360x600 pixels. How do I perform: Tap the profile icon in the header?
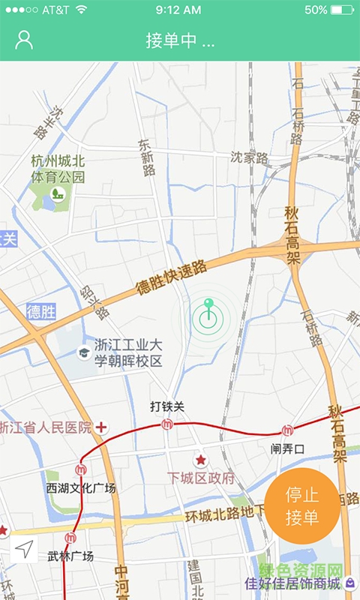click(x=25, y=40)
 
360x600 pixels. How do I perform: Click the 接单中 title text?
click(x=180, y=40)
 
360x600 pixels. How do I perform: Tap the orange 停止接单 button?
click(x=302, y=506)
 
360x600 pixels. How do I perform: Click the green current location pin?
click(x=208, y=316)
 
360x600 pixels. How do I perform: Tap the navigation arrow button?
click(x=25, y=550)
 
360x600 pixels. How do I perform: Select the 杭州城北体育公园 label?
click(x=58, y=169)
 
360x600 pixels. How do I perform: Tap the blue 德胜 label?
click(x=41, y=311)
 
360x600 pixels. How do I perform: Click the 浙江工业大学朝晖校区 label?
click(x=127, y=353)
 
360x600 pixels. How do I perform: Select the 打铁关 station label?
click(x=166, y=407)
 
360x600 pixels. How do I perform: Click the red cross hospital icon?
click(x=100, y=427)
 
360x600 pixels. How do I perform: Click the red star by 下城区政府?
click(x=200, y=460)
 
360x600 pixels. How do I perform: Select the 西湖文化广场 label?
click(x=81, y=488)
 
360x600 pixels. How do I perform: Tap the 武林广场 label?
click(x=70, y=556)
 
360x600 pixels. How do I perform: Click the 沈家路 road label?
click(x=249, y=158)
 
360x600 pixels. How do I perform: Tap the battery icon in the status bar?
click(x=342, y=10)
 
